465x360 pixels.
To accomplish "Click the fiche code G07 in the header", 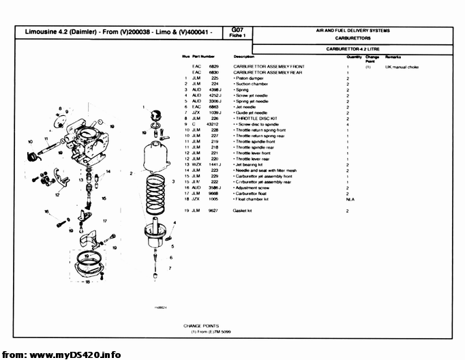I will point(237,29).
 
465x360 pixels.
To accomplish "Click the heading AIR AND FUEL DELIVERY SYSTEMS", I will point(352,31).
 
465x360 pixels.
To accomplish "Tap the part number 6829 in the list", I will point(213,66).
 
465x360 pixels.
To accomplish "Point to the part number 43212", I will point(213,124).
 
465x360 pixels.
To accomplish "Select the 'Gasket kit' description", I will point(244,211).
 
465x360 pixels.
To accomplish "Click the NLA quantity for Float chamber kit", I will point(349,200).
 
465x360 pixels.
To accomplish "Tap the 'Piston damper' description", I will point(250,78).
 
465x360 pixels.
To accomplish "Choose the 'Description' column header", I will point(243,56).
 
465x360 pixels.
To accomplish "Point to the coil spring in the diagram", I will point(156,190).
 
